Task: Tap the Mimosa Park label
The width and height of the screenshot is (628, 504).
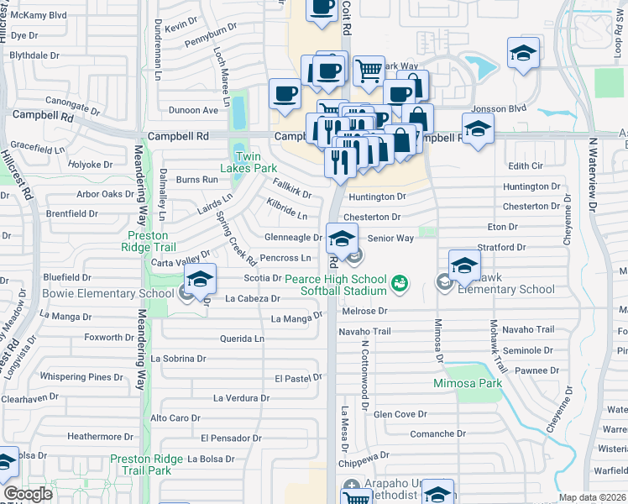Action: pyautogui.click(x=467, y=384)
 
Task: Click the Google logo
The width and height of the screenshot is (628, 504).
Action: pyautogui.click(x=27, y=494)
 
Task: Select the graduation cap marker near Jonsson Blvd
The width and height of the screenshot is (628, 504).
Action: pyautogui.click(x=523, y=54)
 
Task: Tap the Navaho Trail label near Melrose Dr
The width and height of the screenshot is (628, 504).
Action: pyautogui.click(x=364, y=332)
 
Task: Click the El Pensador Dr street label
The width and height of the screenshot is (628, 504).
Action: pyautogui.click(x=230, y=438)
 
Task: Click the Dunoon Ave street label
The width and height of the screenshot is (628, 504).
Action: pyautogui.click(x=193, y=110)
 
